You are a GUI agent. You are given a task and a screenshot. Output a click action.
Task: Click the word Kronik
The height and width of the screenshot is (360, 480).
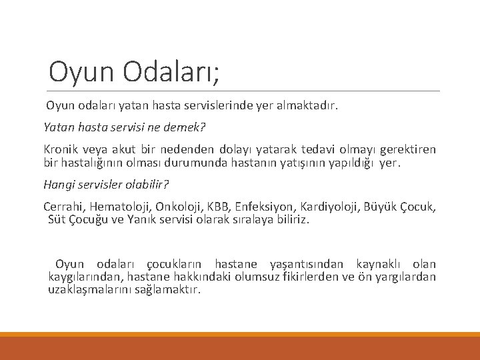(61, 149)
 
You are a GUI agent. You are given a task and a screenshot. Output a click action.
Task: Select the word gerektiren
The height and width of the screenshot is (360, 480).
(407, 149)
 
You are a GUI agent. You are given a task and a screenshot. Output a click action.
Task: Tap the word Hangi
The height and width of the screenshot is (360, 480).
(58, 185)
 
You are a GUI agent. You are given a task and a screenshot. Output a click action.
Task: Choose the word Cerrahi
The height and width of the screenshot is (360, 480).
(64, 207)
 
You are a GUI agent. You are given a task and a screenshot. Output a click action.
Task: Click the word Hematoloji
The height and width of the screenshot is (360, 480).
(120, 207)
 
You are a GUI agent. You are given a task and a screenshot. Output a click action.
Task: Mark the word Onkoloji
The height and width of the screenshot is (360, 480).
(180, 207)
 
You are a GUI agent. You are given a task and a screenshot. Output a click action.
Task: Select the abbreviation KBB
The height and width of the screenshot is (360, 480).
(220, 207)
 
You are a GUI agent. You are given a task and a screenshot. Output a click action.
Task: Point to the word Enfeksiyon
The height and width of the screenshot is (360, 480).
(264, 207)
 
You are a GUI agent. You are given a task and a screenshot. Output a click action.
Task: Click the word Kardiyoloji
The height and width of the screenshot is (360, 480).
(328, 207)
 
